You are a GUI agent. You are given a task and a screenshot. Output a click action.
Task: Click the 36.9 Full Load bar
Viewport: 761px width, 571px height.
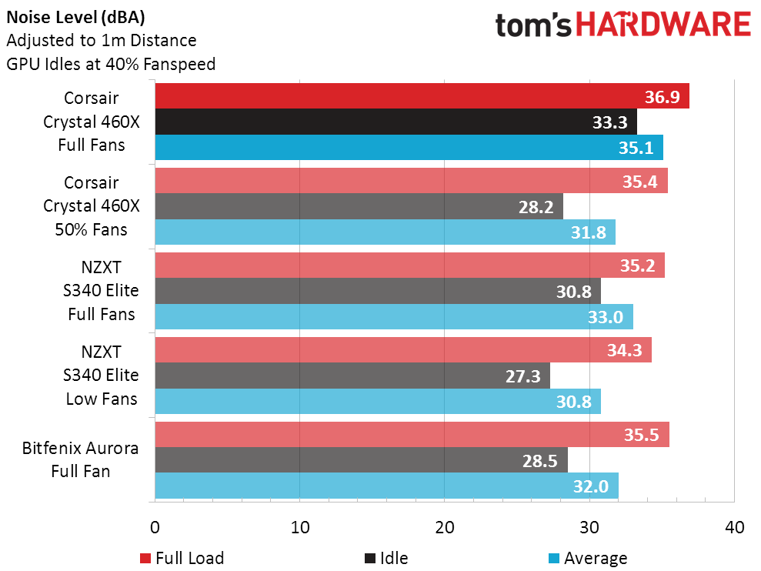[x=422, y=96]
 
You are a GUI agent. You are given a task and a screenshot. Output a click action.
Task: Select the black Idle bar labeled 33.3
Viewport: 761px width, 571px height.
[x=396, y=122]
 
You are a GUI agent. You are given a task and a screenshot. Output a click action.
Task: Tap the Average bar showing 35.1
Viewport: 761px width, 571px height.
[x=409, y=147]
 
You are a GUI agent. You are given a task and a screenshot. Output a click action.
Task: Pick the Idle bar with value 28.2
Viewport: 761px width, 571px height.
[x=359, y=206]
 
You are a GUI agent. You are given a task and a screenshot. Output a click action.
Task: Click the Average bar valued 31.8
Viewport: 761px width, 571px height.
[x=385, y=232]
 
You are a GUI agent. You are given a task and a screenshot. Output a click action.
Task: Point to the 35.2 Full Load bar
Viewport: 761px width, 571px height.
[x=409, y=265]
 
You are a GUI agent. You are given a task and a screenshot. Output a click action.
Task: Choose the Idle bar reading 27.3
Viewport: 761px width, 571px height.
[x=352, y=376]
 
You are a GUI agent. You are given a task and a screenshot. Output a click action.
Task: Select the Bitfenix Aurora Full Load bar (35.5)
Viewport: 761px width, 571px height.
[x=412, y=435]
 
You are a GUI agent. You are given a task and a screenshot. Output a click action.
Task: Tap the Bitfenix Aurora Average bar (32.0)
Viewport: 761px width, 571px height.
[x=386, y=486]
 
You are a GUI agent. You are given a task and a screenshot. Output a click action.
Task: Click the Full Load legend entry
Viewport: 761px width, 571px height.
[x=182, y=558]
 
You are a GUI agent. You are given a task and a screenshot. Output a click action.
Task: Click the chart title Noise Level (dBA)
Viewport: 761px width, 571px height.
[x=75, y=17]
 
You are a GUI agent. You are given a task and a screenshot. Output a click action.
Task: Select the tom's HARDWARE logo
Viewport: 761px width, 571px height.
[x=622, y=25]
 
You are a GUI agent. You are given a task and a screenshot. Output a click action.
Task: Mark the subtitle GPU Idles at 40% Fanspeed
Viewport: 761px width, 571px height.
[x=111, y=64]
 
